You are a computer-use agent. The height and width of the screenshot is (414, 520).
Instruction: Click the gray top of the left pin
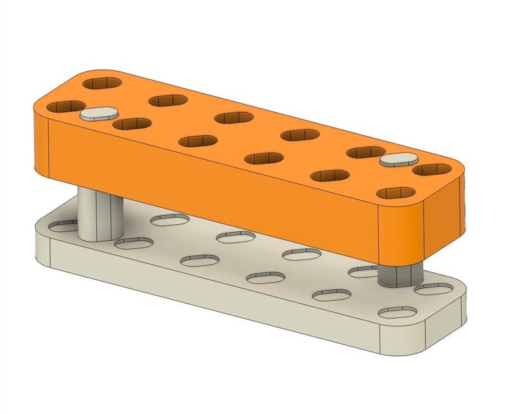[96, 114]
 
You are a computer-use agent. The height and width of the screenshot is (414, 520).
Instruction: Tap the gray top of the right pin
[397, 159]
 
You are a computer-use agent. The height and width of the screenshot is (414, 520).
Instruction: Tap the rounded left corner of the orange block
[40, 140]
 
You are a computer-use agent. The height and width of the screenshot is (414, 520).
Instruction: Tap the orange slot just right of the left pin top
[131, 123]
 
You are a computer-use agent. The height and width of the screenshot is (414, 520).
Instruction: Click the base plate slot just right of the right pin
[434, 289]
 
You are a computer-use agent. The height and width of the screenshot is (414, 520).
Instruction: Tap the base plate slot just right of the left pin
[134, 243]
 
